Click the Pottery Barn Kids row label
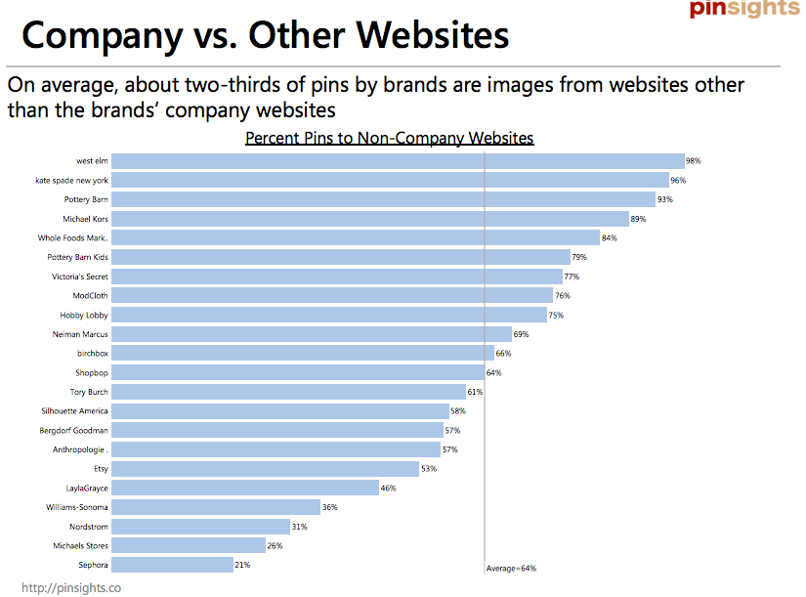pos(78,257)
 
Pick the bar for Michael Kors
pos(370,219)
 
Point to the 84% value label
pos(610,238)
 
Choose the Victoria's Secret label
pos(80,277)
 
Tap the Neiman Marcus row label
pos(81,334)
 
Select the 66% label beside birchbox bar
pos(504,354)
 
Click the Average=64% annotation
pos(511,568)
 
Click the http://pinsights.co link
pos(71,588)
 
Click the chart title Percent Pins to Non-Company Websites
pos(390,138)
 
